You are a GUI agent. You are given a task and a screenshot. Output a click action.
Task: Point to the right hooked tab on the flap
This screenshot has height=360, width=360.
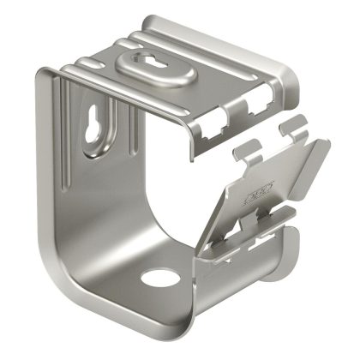pos(293,129)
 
